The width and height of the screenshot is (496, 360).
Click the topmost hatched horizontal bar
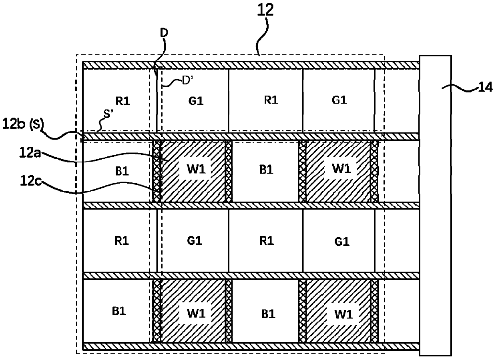[250, 65]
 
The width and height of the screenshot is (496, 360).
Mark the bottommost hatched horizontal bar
[250, 346]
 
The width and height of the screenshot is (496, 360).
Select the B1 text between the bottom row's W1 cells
[266, 312]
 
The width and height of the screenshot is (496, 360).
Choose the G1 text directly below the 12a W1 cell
[195, 241]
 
